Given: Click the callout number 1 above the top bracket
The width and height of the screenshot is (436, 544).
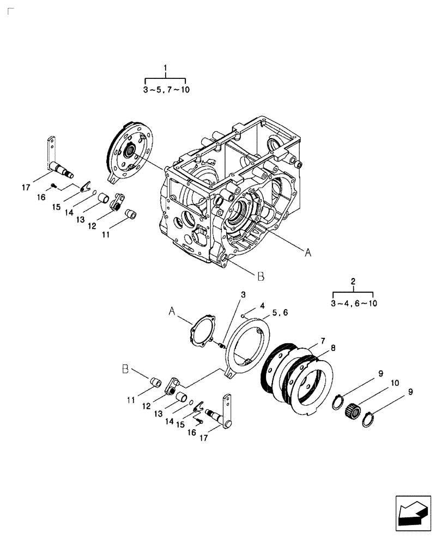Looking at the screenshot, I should coord(166,68).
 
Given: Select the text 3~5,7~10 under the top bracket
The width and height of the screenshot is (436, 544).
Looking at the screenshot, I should coord(166,90).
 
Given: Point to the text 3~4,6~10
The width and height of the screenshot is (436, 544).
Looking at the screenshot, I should coord(354,303).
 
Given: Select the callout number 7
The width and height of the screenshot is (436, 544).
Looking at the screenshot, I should coord(323,341).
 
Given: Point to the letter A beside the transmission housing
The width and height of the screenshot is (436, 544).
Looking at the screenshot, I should coord(308,252).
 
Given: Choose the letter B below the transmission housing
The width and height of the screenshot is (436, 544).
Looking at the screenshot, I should coord(261,276).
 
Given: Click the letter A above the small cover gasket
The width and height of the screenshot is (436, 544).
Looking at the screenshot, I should coord(172,311).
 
